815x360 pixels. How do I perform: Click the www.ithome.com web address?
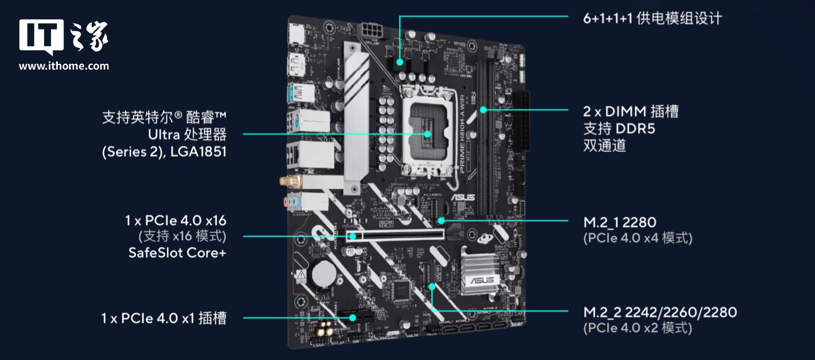64,66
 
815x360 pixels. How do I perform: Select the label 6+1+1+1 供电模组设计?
653,18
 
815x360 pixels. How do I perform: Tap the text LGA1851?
197,152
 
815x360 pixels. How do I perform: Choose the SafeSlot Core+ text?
177,252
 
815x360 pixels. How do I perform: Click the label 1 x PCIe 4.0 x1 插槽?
164,319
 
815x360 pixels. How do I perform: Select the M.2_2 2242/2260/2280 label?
660,312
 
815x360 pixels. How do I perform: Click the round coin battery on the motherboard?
324,273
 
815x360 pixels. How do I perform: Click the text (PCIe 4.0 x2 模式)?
637,328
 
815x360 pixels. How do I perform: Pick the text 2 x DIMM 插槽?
630,112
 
